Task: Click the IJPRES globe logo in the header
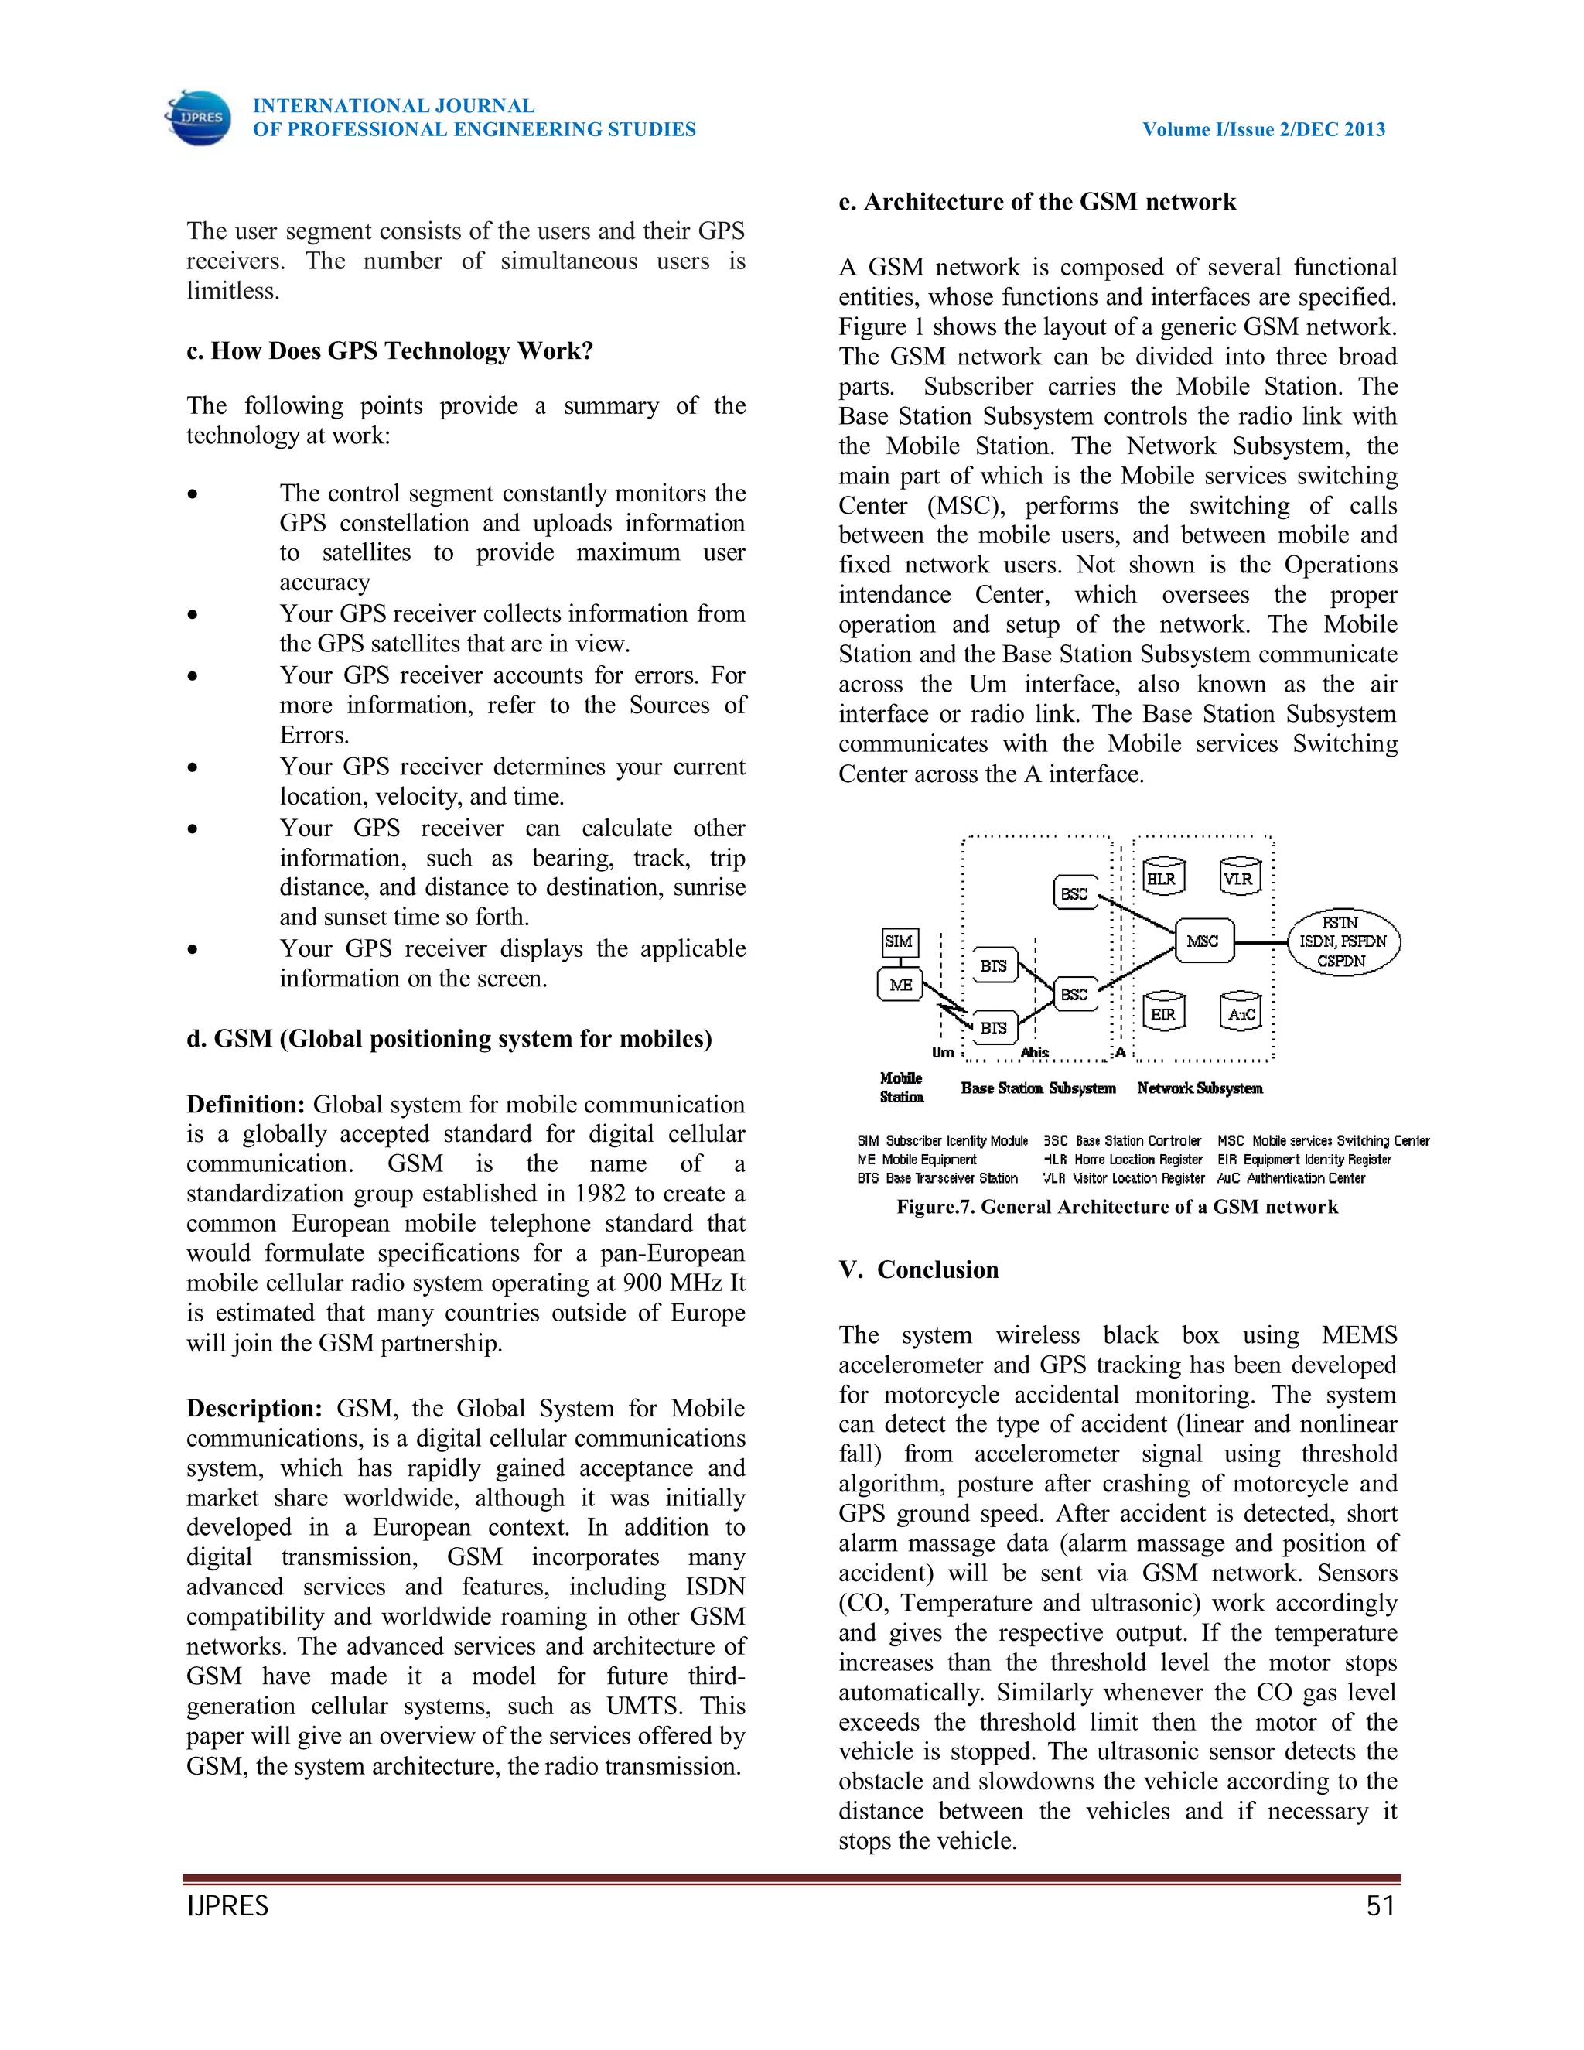pos(198,118)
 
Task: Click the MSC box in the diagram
pos(1203,941)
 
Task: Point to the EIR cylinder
pos(1163,1013)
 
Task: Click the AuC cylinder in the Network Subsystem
pos(1241,1013)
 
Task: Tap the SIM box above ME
pos(899,941)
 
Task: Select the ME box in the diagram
pos(901,985)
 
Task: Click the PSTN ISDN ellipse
pos(1342,941)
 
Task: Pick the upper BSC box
pos(1074,893)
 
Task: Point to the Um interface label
pos(942,1052)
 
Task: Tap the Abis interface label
pos(1034,1052)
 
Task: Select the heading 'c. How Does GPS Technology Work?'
pos(390,350)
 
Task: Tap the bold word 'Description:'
pos(254,1408)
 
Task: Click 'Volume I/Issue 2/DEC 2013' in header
pos(1263,129)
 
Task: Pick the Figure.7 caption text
pos(1117,1206)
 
